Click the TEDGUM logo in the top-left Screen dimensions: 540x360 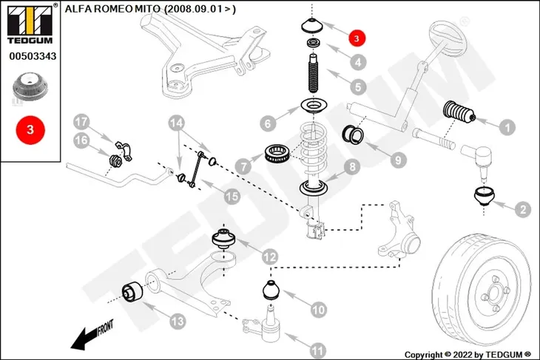point(30,24)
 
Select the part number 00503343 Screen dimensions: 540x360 point(33,56)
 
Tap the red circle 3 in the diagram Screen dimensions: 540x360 point(357,38)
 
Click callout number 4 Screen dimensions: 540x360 point(358,62)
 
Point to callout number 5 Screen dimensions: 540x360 point(358,86)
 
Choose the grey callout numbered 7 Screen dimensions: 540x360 point(244,167)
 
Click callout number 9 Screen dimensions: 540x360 point(398,160)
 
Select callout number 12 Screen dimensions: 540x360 point(270,257)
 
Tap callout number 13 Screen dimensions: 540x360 point(178,321)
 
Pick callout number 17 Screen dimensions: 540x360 point(81,122)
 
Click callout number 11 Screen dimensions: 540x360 point(317,350)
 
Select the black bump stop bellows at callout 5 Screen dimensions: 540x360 point(313,74)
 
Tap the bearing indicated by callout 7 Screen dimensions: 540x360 point(277,153)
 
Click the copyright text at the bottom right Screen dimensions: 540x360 point(468,355)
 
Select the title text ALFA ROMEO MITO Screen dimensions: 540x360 point(112,9)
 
